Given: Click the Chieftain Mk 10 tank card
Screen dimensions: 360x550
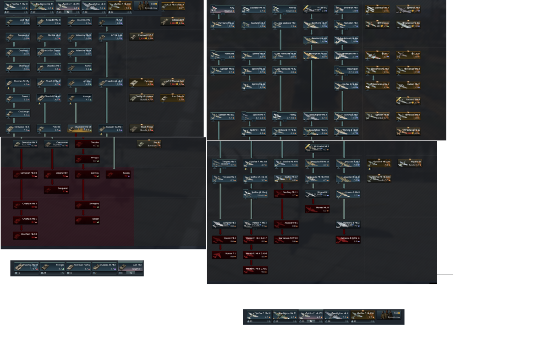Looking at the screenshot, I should (25, 235).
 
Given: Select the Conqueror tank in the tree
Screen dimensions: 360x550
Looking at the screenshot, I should (56, 189).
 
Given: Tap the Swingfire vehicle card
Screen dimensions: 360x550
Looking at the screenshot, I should (87, 205).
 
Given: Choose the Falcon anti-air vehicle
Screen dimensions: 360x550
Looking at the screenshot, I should (118, 174).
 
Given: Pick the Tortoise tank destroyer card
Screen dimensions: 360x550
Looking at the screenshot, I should (87, 144).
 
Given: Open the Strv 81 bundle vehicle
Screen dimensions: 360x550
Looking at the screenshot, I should (149, 144).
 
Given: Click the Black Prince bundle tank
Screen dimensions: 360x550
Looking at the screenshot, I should (142, 128).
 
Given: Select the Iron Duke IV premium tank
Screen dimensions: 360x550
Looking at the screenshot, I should (172, 98).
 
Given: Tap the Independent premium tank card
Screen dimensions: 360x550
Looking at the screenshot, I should (172, 21).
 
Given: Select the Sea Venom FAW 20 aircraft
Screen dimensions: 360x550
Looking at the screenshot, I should (286, 239).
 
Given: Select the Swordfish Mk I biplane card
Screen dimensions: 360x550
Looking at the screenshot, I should (346, 9).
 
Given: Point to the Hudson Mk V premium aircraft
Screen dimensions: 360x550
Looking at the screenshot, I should (408, 85).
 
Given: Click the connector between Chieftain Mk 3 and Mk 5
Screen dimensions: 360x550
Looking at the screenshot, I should (21, 212).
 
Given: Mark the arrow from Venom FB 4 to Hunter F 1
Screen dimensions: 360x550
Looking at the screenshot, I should (220, 247).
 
